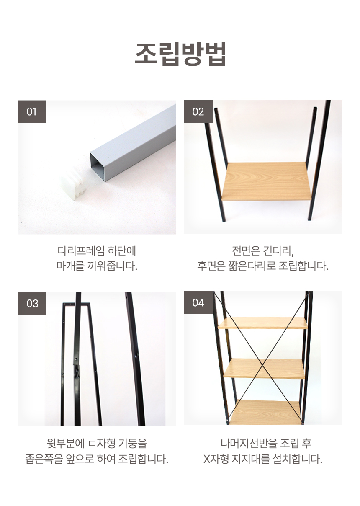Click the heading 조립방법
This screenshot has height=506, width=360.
pos(180,54)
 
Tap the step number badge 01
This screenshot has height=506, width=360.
pos(32,111)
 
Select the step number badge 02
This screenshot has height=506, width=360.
pos(198,111)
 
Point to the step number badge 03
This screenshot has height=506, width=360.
pos(32,303)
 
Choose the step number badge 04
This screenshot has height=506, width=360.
pos(198,303)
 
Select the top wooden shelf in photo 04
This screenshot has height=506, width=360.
pos(263,323)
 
